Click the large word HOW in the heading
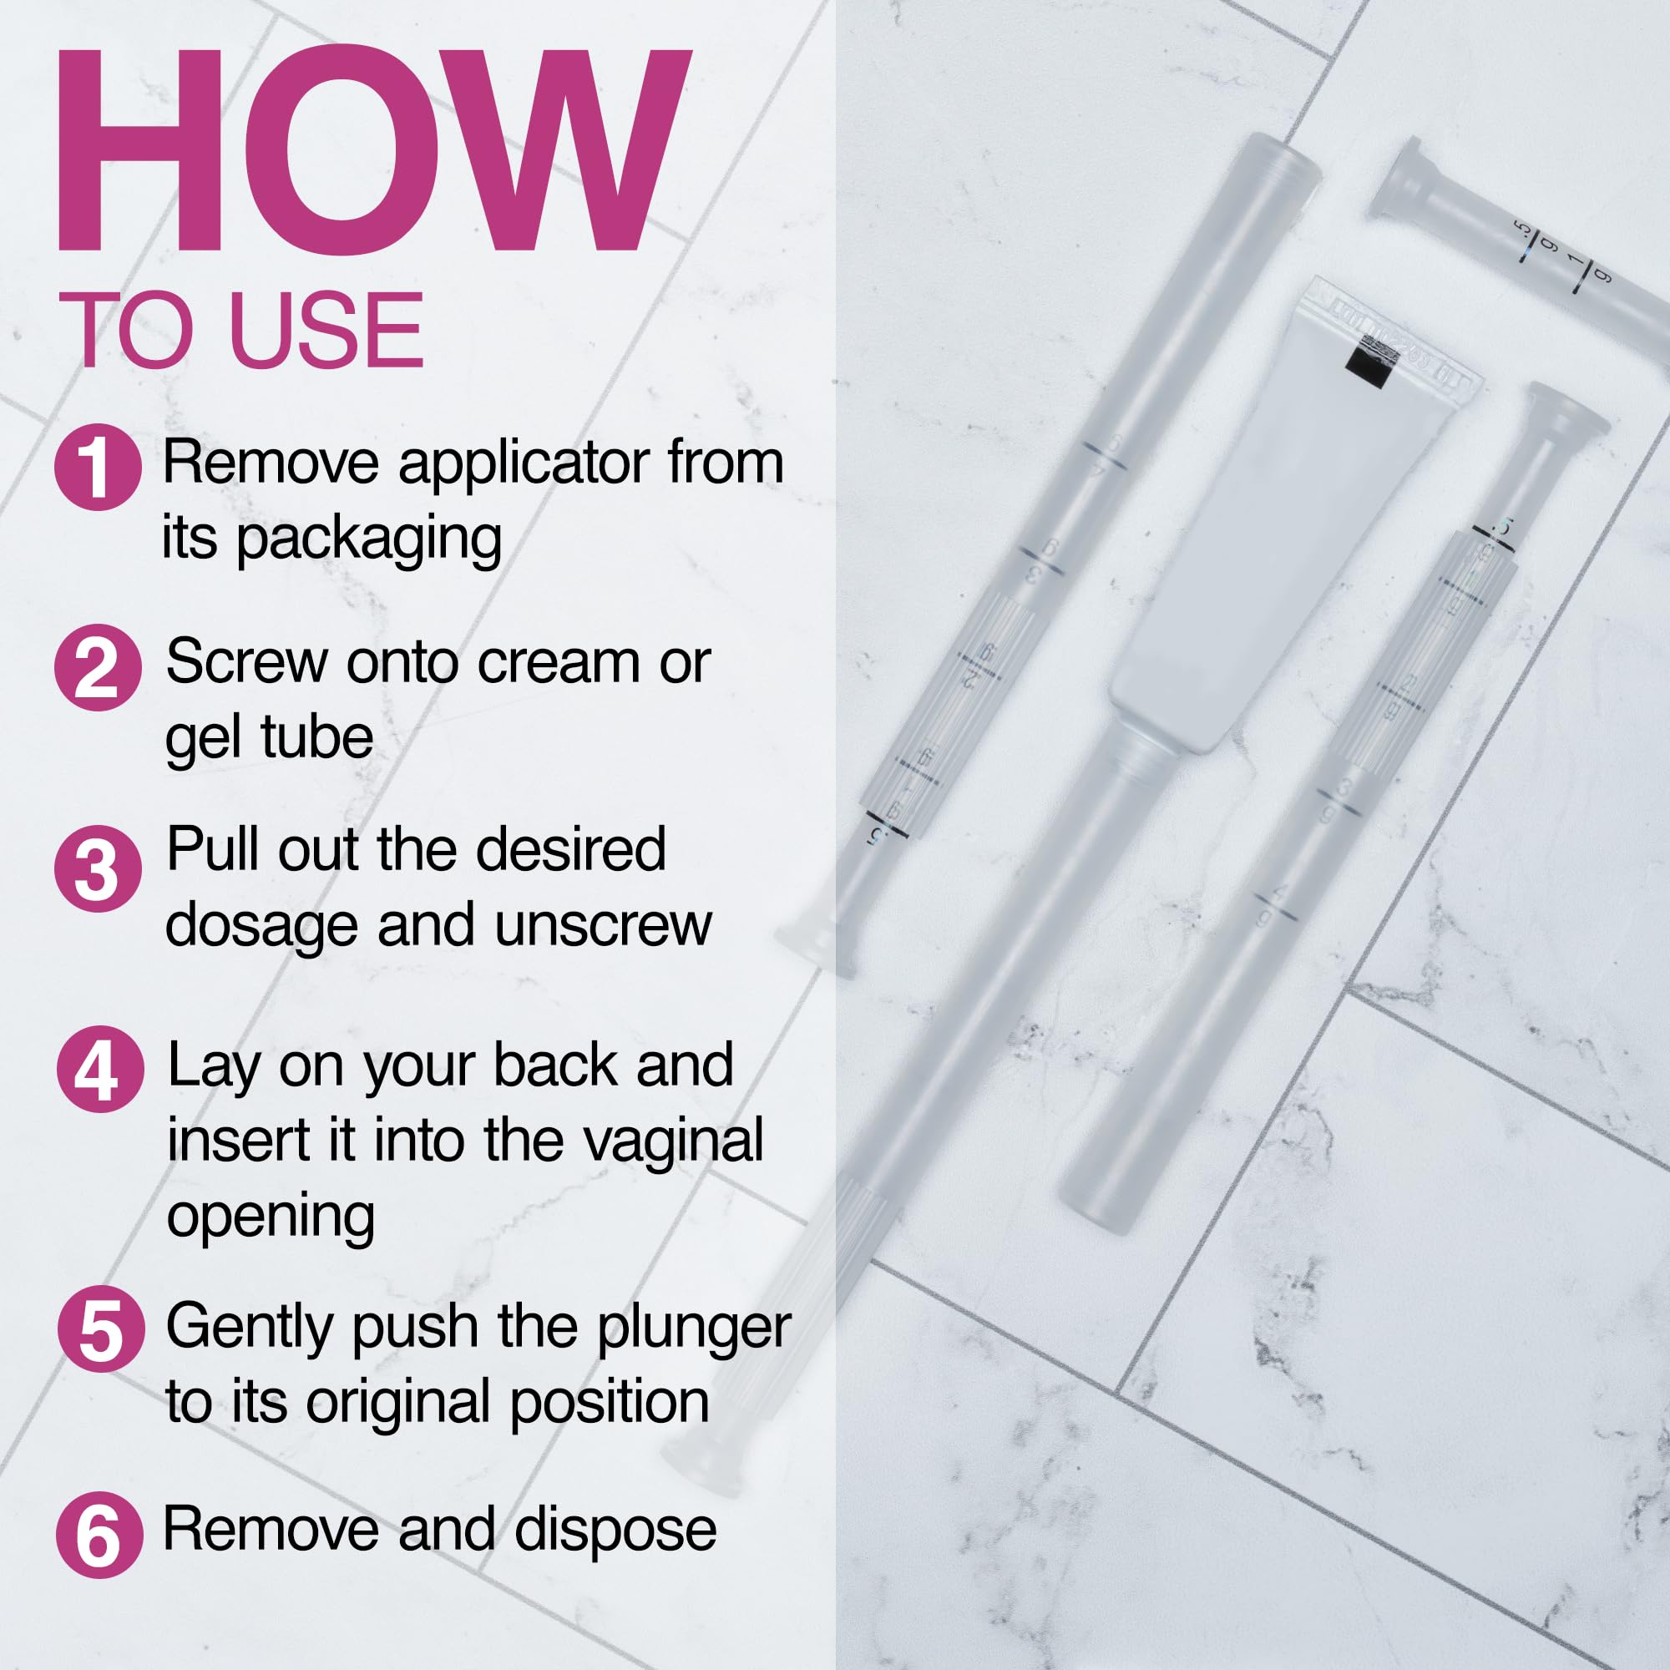[373, 151]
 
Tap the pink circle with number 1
[98, 467]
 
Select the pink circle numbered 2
[98, 668]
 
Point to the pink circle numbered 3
[98, 868]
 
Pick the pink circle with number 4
[99, 1070]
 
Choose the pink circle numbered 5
[100, 1328]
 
